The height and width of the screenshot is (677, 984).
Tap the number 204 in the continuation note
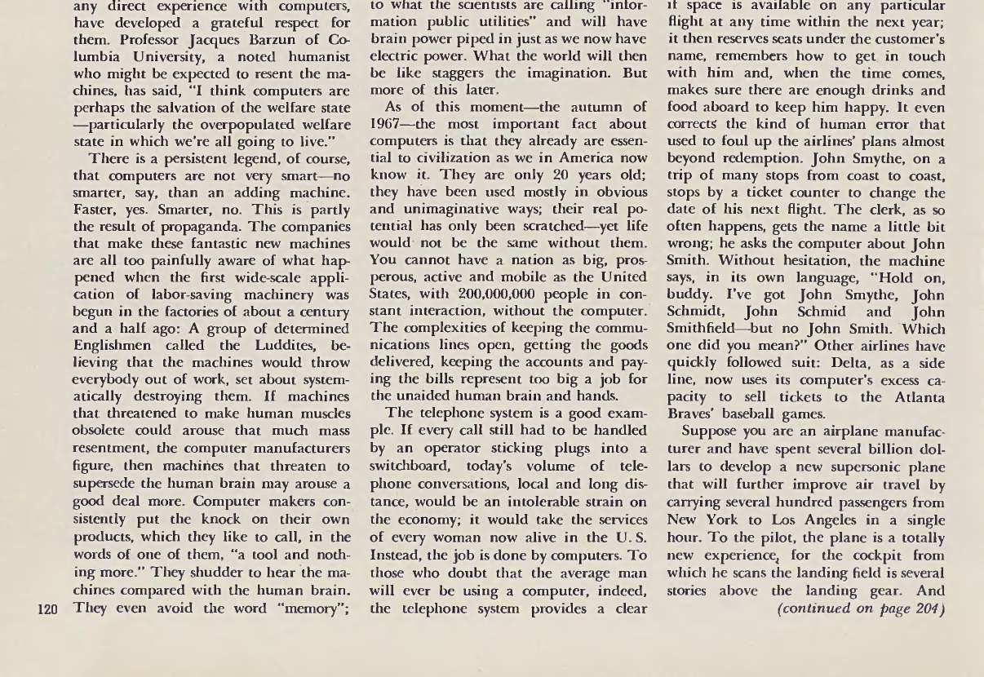[929, 608]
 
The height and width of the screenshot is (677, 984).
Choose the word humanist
[315, 56]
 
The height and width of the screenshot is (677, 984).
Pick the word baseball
[751, 414]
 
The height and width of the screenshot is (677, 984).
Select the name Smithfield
[706, 330]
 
